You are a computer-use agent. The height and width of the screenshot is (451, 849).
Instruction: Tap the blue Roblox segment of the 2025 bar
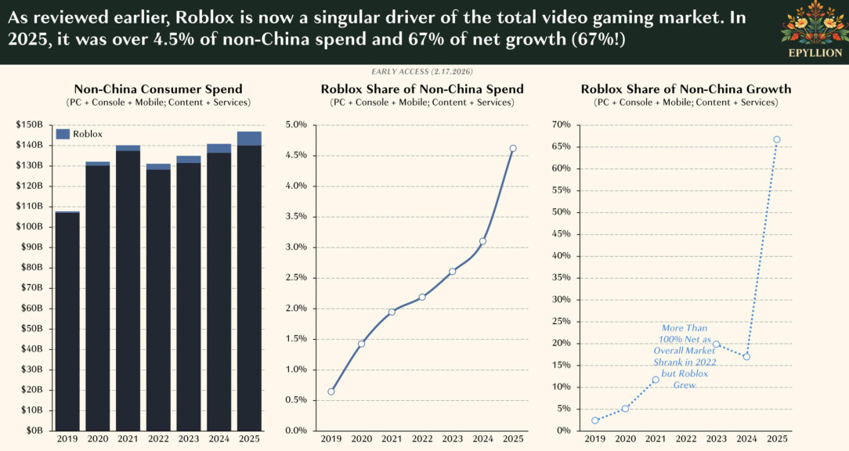249,139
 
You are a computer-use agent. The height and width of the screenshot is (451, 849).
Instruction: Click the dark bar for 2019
67,321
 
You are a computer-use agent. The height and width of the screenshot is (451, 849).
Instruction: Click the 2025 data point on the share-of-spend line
513,148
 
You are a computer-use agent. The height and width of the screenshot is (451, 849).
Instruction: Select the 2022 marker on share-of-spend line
422,297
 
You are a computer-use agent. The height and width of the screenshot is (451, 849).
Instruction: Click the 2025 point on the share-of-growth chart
776,139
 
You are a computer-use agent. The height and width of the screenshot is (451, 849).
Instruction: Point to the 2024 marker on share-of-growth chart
746,356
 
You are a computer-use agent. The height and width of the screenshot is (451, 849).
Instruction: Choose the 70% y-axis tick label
561,124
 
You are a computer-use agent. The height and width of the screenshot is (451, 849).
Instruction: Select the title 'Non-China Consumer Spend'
158,89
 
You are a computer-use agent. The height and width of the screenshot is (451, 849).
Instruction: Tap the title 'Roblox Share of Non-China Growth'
686,89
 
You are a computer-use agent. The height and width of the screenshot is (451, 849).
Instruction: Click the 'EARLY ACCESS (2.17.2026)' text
422,71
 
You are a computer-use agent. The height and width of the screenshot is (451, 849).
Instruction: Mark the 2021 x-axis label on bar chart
128,438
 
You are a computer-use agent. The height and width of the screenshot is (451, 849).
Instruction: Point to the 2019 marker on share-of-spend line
331,391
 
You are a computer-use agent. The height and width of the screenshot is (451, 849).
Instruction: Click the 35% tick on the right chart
561,277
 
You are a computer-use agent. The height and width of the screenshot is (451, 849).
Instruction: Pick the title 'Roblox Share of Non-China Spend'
422,89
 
